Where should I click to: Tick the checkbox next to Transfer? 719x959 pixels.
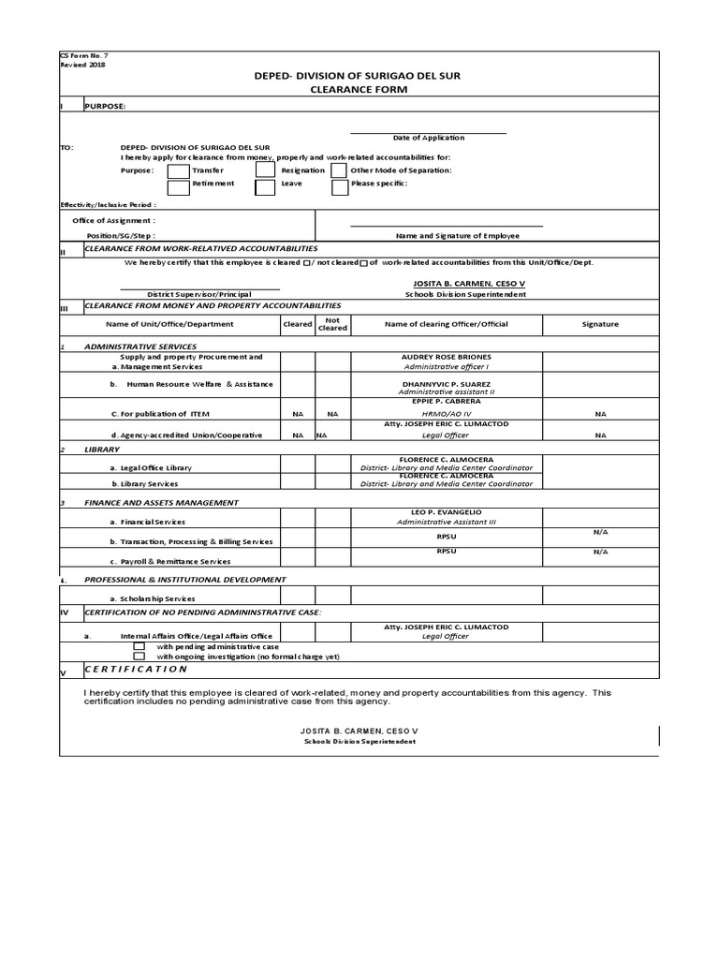(x=178, y=170)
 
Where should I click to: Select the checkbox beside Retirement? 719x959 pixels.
(x=178, y=186)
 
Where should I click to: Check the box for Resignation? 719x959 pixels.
(x=266, y=170)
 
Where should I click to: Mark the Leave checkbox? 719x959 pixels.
(x=266, y=186)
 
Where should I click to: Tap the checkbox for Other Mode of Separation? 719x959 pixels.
(x=340, y=170)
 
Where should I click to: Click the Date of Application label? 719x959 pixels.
(x=429, y=138)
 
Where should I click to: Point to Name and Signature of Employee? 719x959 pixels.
(x=457, y=236)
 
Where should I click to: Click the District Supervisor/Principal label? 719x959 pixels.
(x=199, y=294)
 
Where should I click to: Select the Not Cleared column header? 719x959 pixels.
(x=331, y=324)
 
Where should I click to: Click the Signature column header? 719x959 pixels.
(x=600, y=324)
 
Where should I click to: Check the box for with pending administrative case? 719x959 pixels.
(x=139, y=646)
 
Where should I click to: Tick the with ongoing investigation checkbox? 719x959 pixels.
(x=139, y=657)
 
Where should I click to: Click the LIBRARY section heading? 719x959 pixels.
(x=102, y=450)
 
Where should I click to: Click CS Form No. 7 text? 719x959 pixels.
(x=83, y=55)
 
